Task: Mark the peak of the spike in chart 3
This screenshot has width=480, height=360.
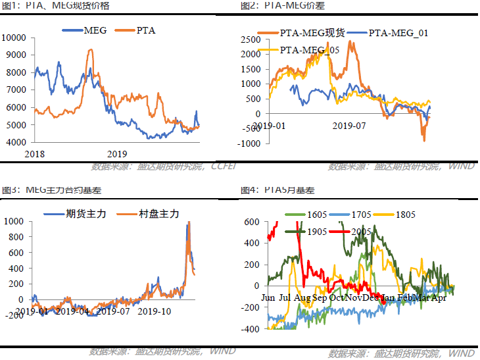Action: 188,223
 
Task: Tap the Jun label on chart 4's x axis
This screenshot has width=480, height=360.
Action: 268,297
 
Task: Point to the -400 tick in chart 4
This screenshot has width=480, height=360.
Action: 252,328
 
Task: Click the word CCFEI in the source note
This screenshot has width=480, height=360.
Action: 228,167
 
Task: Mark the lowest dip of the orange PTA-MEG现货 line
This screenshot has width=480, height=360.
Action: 424,140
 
